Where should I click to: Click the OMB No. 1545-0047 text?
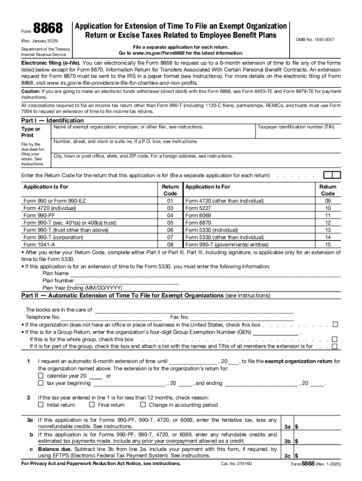pyautogui.click(x=315, y=39)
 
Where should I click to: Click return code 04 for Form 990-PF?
pyautogui.click(x=170, y=215)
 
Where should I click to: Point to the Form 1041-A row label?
pyautogui.click(x=39, y=245)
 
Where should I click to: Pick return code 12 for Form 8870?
pyautogui.click(x=328, y=223)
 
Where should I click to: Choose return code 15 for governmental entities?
pyautogui.click(x=328, y=245)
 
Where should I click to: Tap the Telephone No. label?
pyautogui.click(x=43, y=317)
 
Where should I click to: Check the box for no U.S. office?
pyautogui.click(x=335, y=325)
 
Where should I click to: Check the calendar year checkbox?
pyautogui.click(x=41, y=376)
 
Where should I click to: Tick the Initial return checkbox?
pyautogui.click(x=41, y=404)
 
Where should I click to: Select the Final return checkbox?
pyautogui.click(x=92, y=404)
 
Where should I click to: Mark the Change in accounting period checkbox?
pyautogui.click(x=143, y=404)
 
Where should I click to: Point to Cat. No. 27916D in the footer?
pyautogui.click(x=236, y=464)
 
